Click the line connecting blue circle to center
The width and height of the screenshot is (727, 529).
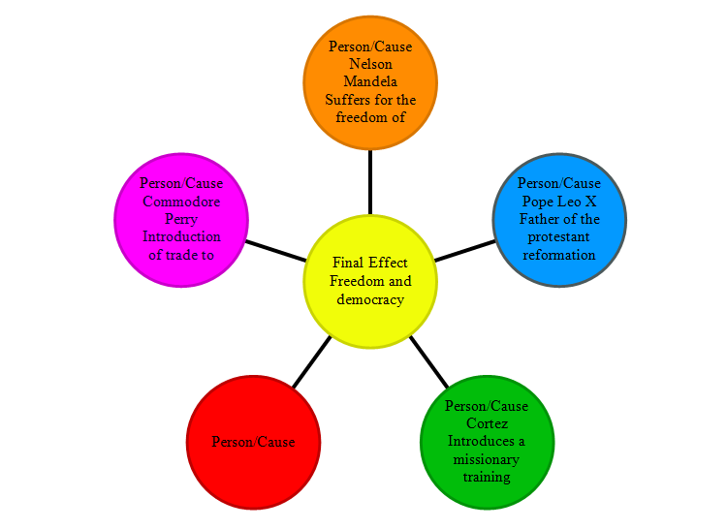click(464, 251)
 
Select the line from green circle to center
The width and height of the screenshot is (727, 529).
click(428, 362)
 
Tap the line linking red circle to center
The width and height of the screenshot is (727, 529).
click(312, 362)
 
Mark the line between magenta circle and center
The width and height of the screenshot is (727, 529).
click(275, 251)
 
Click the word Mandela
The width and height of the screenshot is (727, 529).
click(370, 81)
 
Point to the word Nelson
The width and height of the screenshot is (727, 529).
click(370, 64)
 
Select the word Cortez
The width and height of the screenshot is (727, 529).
click(486, 423)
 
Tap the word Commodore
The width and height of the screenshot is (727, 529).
click(181, 201)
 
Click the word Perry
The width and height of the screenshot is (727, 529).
click(181, 219)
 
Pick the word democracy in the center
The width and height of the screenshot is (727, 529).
click(370, 299)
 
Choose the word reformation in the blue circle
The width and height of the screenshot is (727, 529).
click(559, 255)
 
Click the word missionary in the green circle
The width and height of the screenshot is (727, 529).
click(486, 459)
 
